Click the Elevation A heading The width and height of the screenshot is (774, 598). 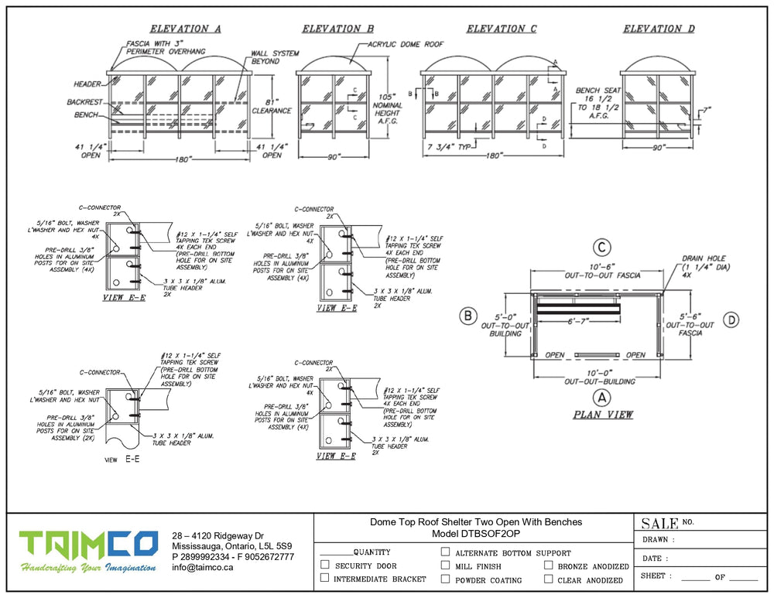185,29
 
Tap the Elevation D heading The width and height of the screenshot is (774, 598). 659,29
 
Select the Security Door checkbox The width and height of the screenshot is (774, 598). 324,566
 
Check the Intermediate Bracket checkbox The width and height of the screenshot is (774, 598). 324,579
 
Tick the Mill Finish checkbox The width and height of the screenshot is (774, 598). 445,566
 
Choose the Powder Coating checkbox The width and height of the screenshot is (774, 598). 445,579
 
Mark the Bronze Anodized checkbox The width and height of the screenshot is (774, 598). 548,566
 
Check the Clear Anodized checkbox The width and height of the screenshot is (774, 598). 548,579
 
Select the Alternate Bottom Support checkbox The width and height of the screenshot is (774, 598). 445,552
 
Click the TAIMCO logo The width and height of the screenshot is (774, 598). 89,552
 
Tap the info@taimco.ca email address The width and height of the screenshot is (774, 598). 202,567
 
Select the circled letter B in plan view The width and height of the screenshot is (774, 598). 468,316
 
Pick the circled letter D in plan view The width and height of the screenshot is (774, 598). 731,319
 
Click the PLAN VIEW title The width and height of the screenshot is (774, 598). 603,415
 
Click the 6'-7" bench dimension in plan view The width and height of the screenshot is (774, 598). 580,321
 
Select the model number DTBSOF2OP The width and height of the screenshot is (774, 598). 475,534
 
